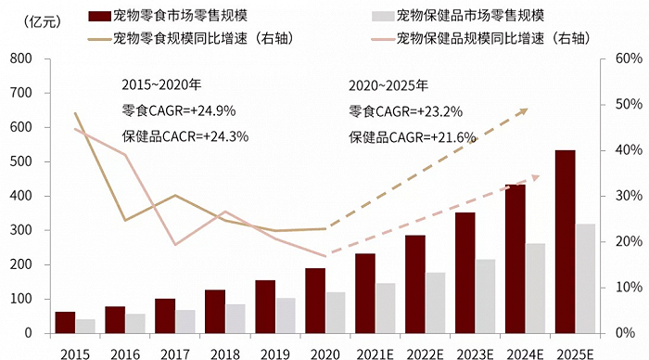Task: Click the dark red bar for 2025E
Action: [566, 241]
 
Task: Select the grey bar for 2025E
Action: [586, 278]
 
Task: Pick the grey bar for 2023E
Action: [486, 296]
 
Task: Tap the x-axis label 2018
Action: [224, 352]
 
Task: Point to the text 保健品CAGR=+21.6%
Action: [412, 136]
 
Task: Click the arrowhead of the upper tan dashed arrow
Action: [523, 111]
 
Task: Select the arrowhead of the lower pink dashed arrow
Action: [535, 178]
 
